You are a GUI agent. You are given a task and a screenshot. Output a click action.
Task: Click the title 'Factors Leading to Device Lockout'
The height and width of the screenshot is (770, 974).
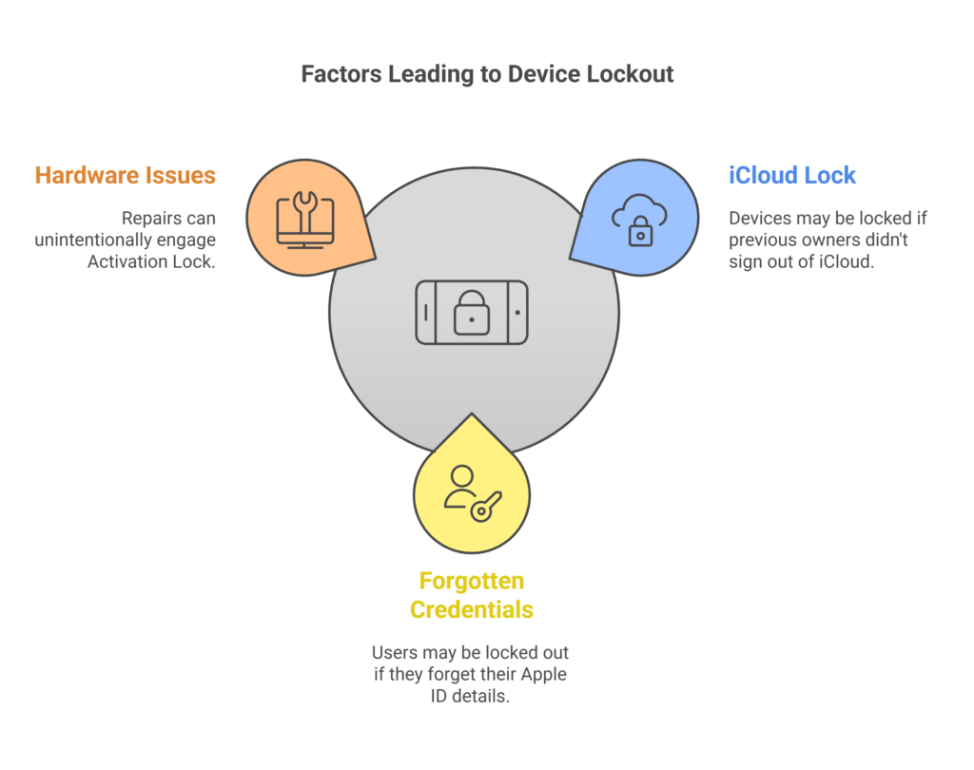487,74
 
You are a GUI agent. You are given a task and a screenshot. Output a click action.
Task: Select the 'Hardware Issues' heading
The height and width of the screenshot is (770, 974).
125,175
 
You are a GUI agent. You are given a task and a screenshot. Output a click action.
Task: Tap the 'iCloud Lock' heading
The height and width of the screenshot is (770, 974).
792,175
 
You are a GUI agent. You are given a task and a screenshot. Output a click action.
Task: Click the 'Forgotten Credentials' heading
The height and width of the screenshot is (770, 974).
472,595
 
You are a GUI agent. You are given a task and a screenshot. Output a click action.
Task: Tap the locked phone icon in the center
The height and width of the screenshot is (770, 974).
472,312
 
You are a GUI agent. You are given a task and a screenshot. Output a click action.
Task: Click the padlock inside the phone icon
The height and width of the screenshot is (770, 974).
472,315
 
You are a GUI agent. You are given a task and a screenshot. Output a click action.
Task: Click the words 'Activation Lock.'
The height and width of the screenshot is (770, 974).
151,262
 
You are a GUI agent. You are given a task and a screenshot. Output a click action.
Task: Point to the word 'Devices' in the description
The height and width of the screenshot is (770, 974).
760,219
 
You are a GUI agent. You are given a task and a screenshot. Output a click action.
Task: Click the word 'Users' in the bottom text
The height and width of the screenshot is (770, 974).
394,654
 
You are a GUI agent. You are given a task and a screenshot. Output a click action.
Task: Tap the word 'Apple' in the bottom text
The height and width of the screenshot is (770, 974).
547,676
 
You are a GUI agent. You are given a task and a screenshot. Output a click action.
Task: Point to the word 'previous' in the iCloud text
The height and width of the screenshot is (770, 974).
763,241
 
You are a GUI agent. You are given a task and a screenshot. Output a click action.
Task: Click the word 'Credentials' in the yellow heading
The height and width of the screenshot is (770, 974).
472,609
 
